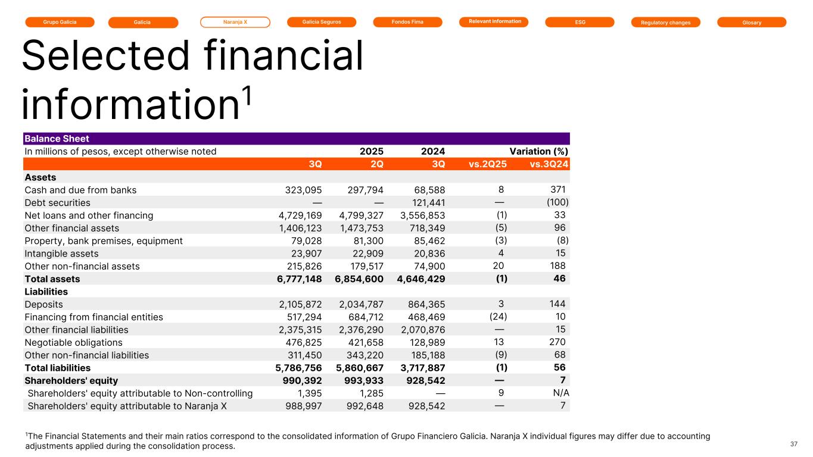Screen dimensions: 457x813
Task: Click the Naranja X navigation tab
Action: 235,22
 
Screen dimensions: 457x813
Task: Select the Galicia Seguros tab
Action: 322,22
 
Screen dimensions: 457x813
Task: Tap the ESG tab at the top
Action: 580,22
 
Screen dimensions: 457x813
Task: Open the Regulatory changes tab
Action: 665,23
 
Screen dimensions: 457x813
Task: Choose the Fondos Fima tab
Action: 407,22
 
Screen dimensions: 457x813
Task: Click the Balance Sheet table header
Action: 57,139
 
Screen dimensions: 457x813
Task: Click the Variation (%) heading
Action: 538,151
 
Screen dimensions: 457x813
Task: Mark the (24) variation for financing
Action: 498,317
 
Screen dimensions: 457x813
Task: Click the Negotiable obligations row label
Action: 73,342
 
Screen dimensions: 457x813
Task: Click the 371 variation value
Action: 557,190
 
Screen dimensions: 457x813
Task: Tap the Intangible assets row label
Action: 61,253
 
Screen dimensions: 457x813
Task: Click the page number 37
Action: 793,444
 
